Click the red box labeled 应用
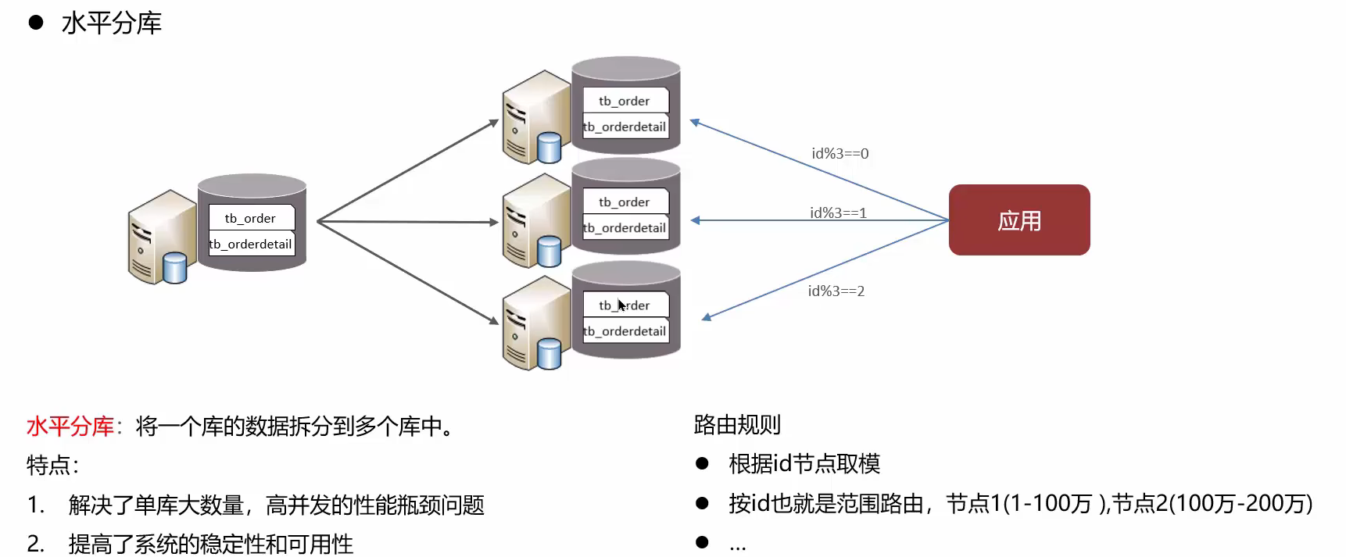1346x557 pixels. tap(1018, 220)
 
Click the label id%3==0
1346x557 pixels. tap(839, 154)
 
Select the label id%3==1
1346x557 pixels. tap(838, 212)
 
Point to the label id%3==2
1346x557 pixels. tap(836, 291)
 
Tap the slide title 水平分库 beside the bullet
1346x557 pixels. tap(112, 23)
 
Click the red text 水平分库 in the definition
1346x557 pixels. tap(70, 427)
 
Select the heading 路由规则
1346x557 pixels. tap(737, 425)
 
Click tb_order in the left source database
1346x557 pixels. tap(250, 218)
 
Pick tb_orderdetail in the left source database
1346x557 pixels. tap(251, 244)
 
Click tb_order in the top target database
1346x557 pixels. tap(625, 101)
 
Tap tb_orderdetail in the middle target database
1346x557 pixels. tap(625, 228)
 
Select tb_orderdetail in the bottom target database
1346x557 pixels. tap(625, 331)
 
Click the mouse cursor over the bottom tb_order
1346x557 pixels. tap(621, 305)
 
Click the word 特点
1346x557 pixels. tap(48, 466)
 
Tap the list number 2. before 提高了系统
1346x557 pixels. tap(35, 544)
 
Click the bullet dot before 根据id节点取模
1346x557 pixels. tap(702, 464)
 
